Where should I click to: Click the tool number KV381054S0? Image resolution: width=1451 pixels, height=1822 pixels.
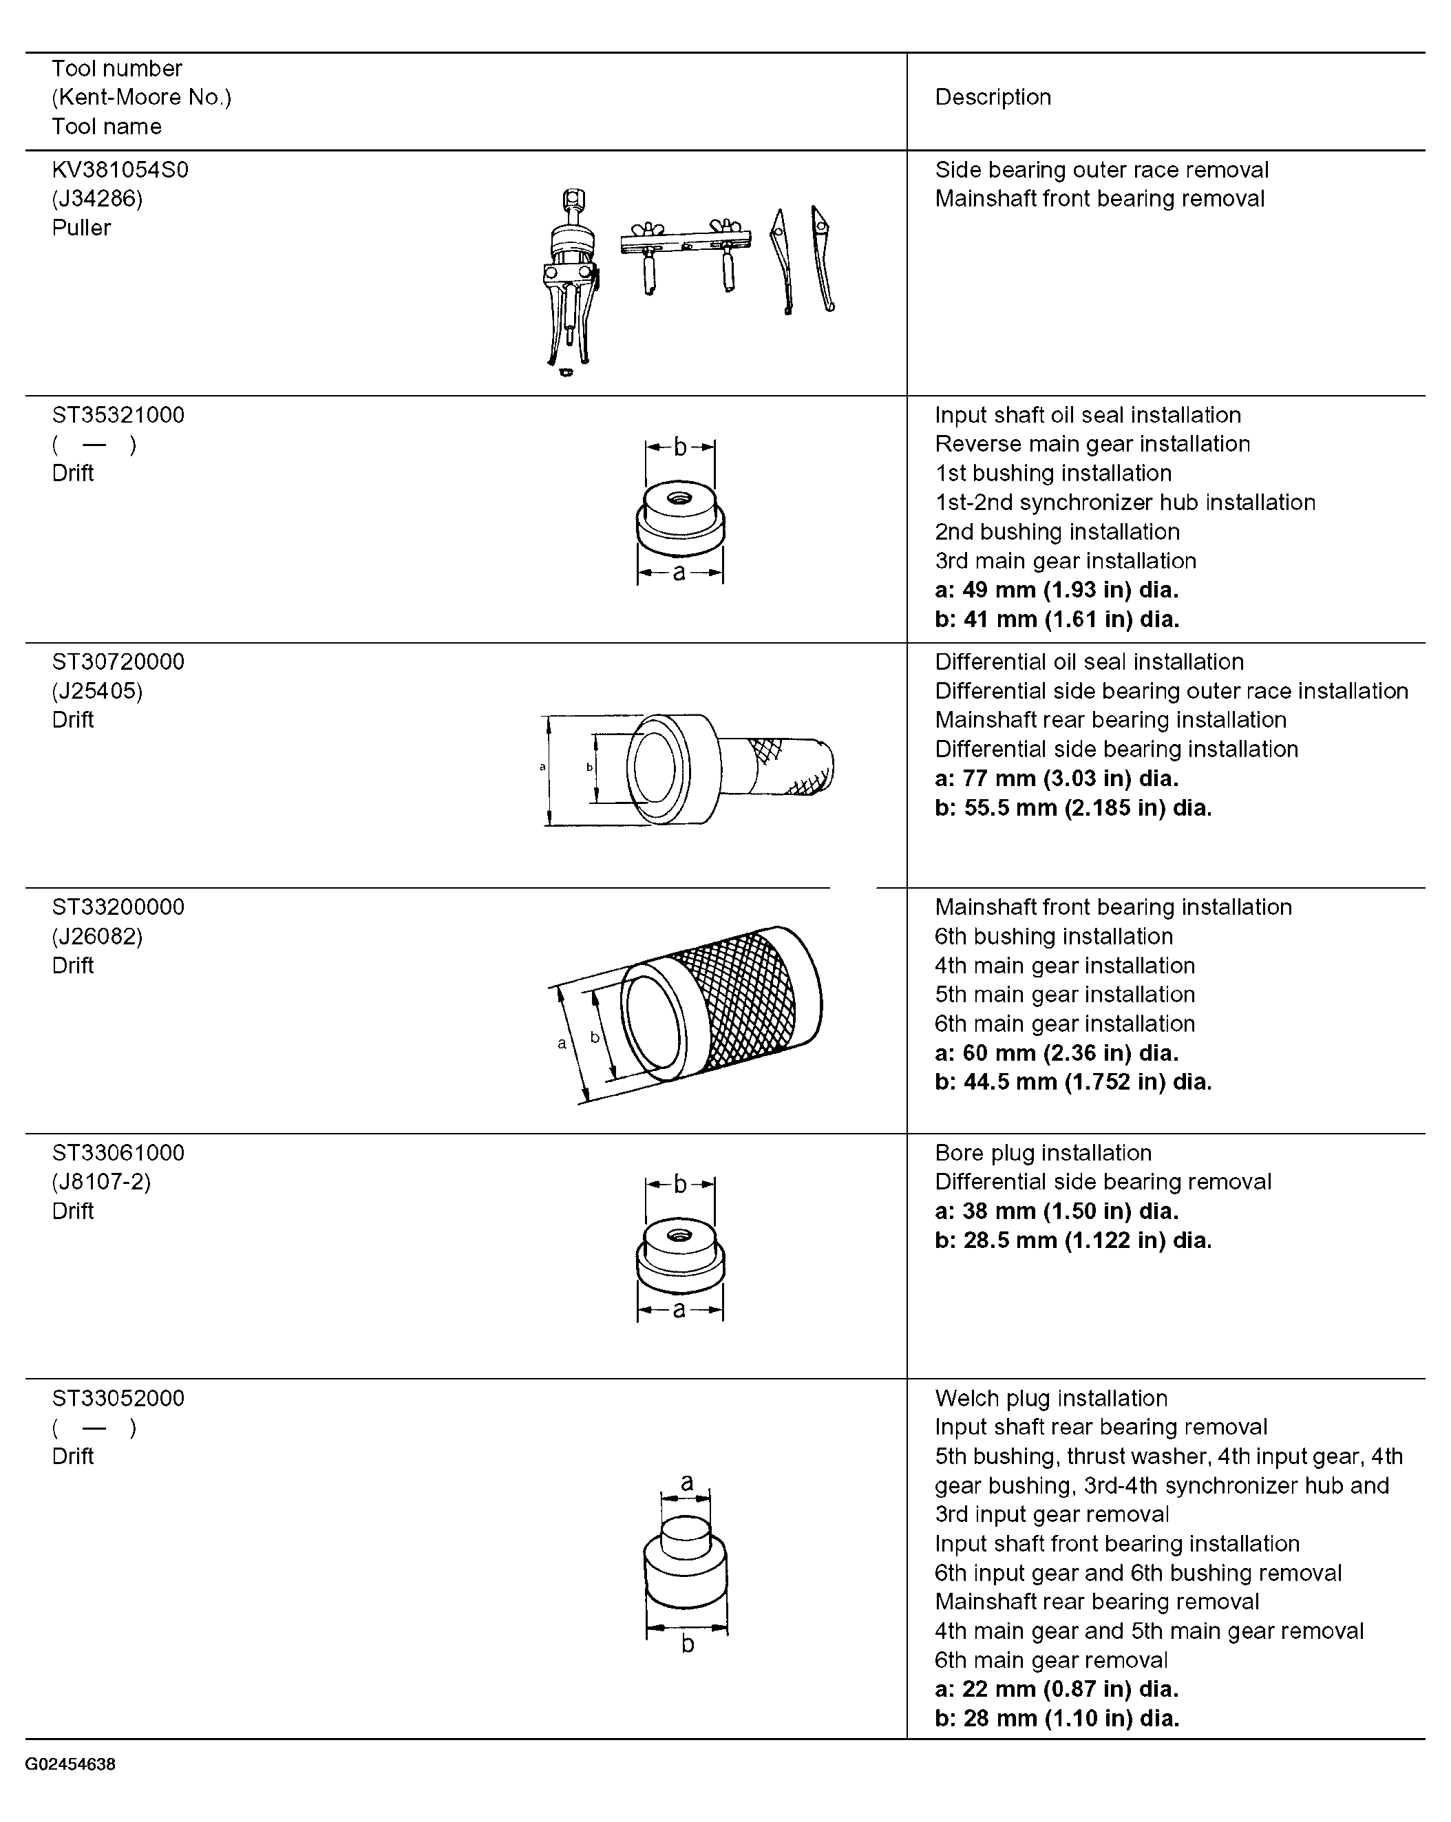[120, 170]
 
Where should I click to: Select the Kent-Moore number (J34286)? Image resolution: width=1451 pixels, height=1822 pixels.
[97, 199]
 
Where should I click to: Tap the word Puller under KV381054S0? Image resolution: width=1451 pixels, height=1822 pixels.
[81, 228]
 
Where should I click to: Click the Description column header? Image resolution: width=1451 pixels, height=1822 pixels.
[993, 97]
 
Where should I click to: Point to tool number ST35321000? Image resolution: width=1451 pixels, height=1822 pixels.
[118, 415]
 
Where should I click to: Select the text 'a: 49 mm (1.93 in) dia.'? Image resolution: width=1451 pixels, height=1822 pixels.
[1057, 590]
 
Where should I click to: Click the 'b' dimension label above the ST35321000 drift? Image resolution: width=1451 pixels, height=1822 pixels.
[680, 446]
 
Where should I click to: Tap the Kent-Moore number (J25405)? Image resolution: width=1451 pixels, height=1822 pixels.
[97, 691]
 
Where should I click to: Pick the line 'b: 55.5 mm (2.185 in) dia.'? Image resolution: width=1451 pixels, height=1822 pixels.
[1073, 808]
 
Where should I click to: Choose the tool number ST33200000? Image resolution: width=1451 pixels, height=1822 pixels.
[118, 907]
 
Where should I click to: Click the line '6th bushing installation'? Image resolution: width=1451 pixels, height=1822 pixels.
[1054, 936]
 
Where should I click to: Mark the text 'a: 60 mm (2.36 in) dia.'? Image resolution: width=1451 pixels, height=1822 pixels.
[1057, 1053]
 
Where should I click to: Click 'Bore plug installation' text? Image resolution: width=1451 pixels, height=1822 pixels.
[1043, 1154]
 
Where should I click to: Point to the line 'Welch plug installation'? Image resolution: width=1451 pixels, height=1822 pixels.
[1051, 1399]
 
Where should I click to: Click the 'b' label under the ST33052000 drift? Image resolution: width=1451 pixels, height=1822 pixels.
[688, 1644]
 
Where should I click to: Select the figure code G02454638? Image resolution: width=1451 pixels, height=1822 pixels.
[70, 1765]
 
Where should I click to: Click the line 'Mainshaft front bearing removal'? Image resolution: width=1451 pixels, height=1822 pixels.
[1099, 199]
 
